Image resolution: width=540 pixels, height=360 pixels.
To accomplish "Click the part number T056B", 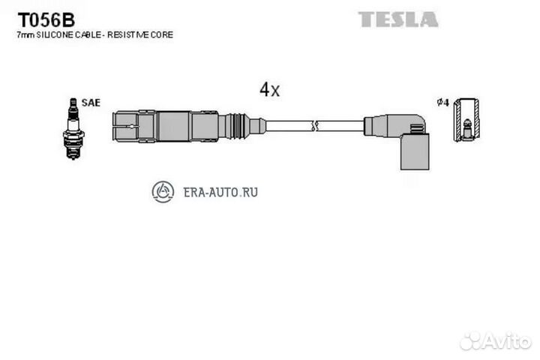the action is click(46, 20).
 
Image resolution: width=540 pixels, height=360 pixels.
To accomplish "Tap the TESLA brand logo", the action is click(398, 19).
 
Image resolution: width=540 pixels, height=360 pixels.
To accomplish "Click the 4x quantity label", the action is click(270, 89).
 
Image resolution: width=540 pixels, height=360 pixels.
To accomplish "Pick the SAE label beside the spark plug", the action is click(91, 103).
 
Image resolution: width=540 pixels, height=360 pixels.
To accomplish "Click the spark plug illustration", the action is click(73, 128).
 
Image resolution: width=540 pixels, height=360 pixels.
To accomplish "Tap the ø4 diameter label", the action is click(443, 103).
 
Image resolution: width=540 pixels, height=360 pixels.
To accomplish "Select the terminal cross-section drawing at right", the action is click(466, 120).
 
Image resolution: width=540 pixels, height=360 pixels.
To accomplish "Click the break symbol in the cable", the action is click(314, 126).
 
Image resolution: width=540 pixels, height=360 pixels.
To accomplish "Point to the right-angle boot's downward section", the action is click(415, 151).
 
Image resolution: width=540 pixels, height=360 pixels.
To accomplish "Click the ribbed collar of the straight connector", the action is click(236, 126).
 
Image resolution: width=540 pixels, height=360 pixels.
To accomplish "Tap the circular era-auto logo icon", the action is click(163, 192).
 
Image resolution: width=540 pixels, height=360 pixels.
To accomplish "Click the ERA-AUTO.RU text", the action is click(220, 192).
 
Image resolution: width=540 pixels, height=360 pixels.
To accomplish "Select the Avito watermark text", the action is click(507, 341).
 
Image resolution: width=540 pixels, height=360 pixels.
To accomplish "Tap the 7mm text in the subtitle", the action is click(25, 34).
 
